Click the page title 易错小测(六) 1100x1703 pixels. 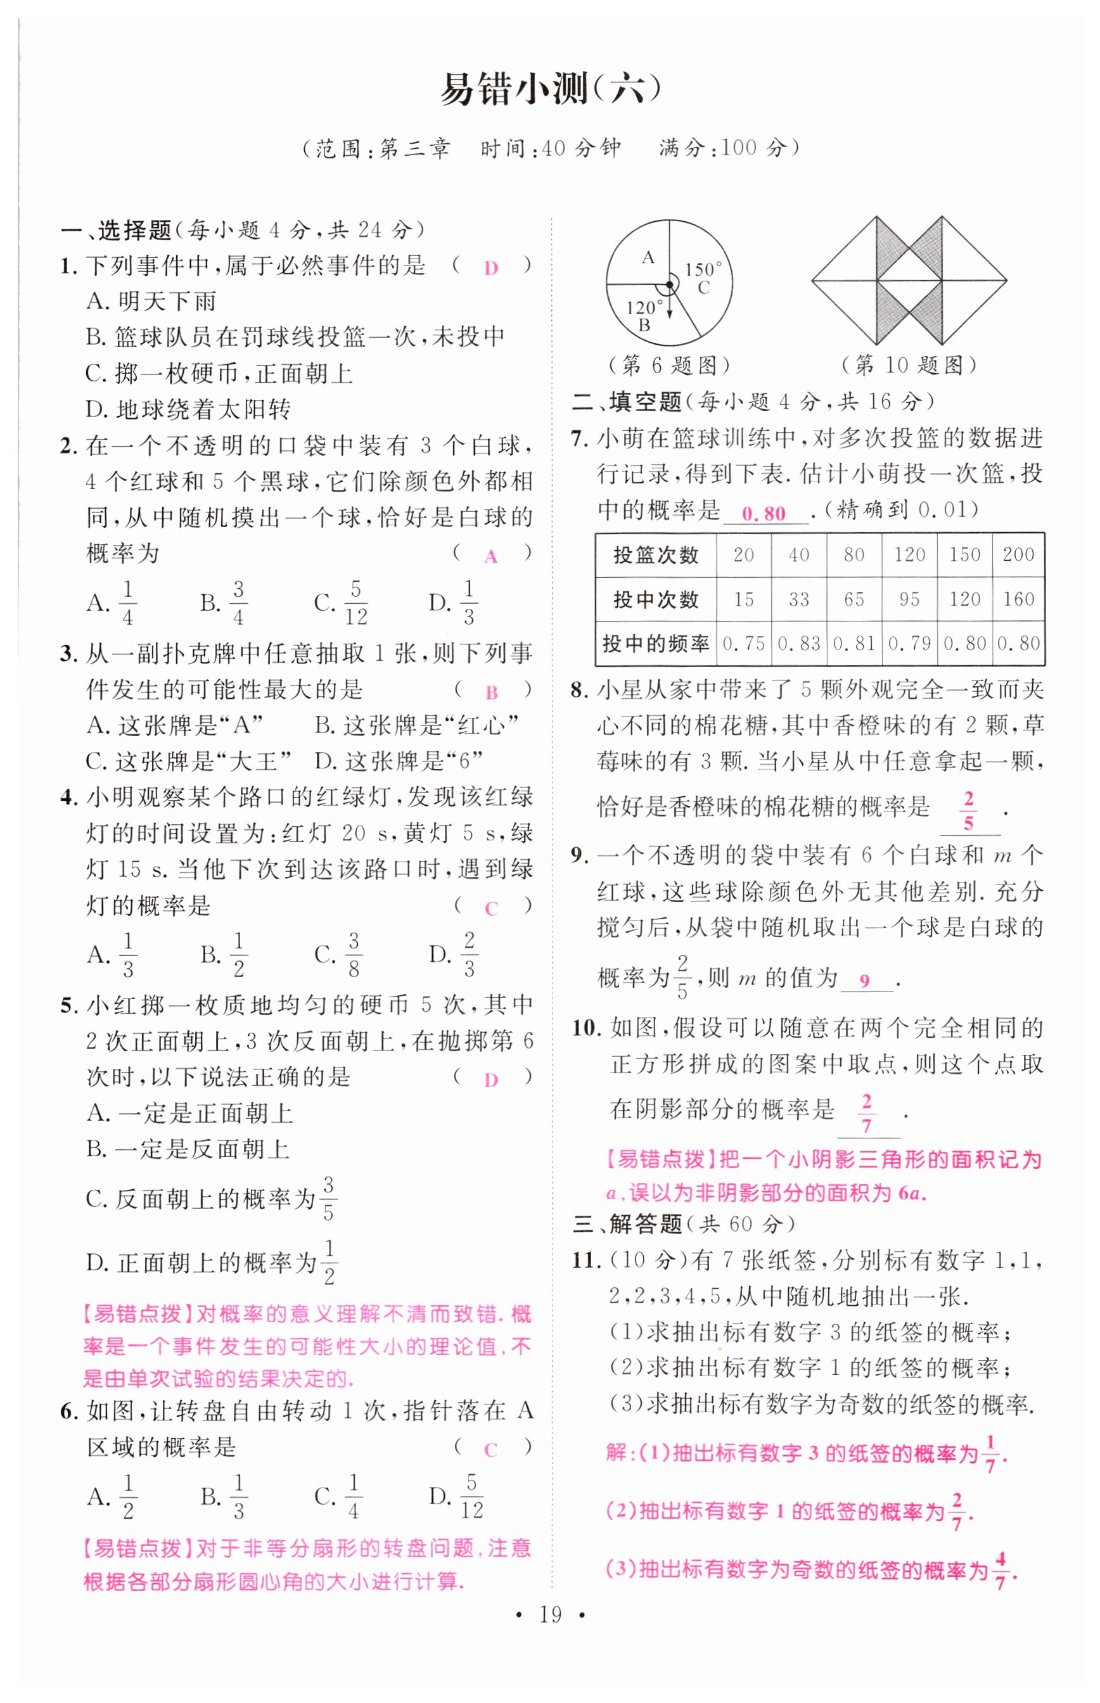pyautogui.click(x=549, y=90)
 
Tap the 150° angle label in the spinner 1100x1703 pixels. pyautogui.click(x=703, y=269)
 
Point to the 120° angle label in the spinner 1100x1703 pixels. pyautogui.click(x=644, y=308)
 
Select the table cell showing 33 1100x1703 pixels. pyautogui.click(x=798, y=599)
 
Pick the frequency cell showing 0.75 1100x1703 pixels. pyautogui.click(x=743, y=643)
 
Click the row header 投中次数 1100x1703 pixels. pyautogui.click(x=656, y=599)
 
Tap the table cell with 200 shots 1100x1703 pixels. pyautogui.click(x=1018, y=554)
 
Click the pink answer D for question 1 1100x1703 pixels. pyautogui.click(x=490, y=269)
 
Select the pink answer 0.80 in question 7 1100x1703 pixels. pyautogui.click(x=764, y=513)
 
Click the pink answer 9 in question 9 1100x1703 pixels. pyautogui.click(x=864, y=981)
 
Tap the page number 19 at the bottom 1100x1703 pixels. pyautogui.click(x=550, y=1630)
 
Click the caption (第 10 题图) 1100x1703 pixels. pyautogui.click(x=909, y=366)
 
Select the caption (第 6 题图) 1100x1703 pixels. pyautogui.click(x=668, y=366)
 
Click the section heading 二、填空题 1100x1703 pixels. pyautogui.click(x=627, y=402)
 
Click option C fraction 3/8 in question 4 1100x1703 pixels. pyautogui.click(x=353, y=954)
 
